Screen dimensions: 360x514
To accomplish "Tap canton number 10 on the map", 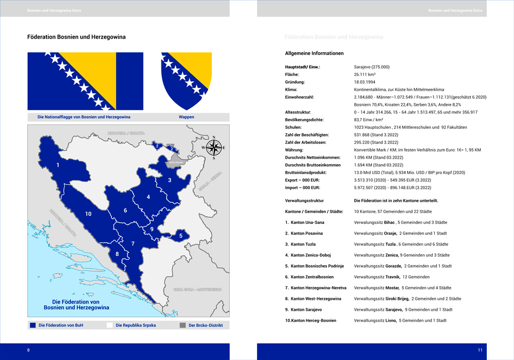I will pyautogui.click(x=88, y=214).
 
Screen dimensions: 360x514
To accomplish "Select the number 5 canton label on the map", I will pyautogui.click(x=180, y=236).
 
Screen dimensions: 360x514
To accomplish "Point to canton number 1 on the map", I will pyautogui.click(x=58, y=165).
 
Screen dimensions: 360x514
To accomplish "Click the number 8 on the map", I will pyautogui.click(x=117, y=254).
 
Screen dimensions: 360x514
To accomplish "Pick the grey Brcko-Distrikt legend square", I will pyautogui.click(x=183, y=325).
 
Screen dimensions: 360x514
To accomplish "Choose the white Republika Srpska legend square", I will pyautogui.click(x=109, y=325).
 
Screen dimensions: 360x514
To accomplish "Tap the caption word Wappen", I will pyautogui.click(x=186, y=117).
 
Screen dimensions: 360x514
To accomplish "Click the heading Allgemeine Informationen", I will pyautogui.click(x=314, y=53).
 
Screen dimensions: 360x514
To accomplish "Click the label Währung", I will pyautogui.click(x=295, y=149).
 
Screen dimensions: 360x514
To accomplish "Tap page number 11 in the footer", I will pyautogui.click(x=480, y=350).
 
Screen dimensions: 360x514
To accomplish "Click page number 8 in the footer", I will pyautogui.click(x=29, y=350).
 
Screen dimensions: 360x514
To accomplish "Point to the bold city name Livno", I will pyautogui.click(x=390, y=320).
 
